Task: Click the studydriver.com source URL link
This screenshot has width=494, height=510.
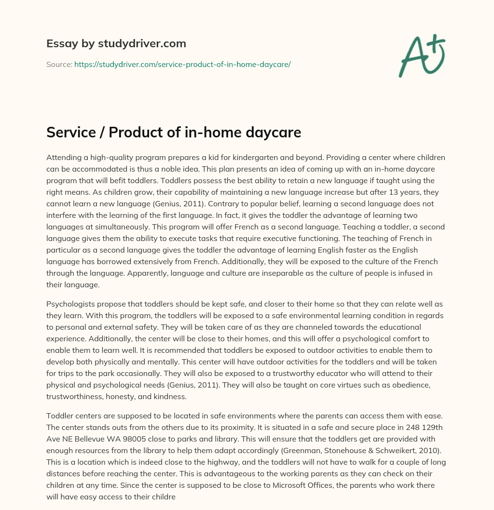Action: [182, 64]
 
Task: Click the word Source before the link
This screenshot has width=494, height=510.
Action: [59, 64]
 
